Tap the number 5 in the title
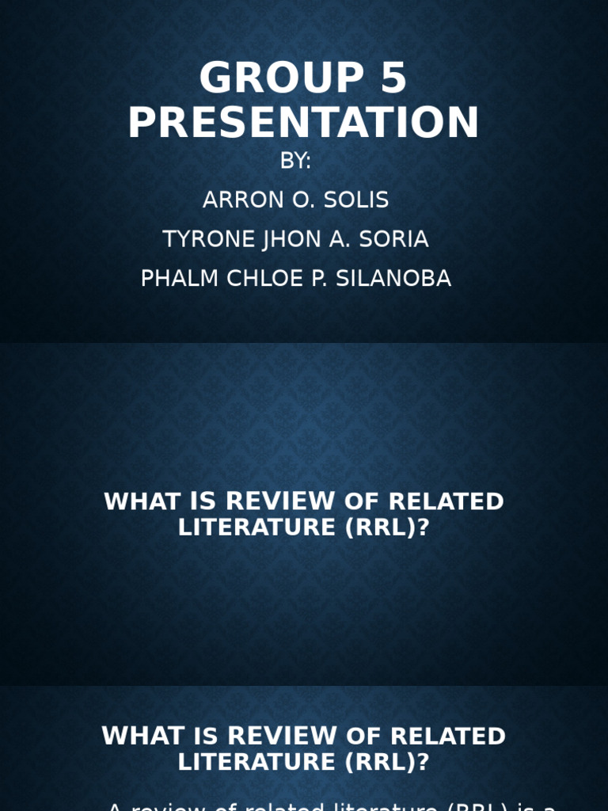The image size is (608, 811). (388, 79)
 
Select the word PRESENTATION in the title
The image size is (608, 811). (304, 124)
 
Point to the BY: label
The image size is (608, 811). (296, 162)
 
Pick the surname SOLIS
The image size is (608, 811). (357, 200)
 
